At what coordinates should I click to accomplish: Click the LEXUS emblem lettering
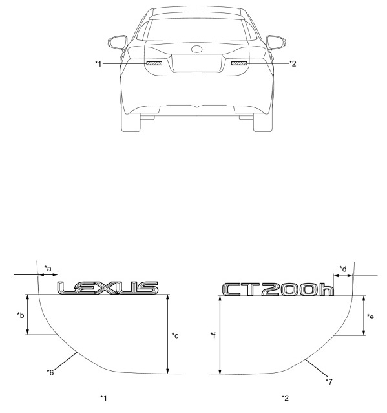[x=108, y=287]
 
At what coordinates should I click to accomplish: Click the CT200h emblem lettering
[x=278, y=289]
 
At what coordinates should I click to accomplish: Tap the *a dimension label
[x=48, y=269]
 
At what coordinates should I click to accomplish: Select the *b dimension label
[x=21, y=315]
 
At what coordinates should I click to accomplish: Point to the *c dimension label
[x=175, y=335]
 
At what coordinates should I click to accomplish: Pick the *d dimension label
[x=343, y=269]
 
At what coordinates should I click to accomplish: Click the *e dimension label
[x=370, y=317]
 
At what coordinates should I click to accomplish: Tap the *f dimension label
[x=213, y=335]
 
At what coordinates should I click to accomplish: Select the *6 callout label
[x=50, y=372]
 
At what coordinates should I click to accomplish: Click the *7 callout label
[x=329, y=381]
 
